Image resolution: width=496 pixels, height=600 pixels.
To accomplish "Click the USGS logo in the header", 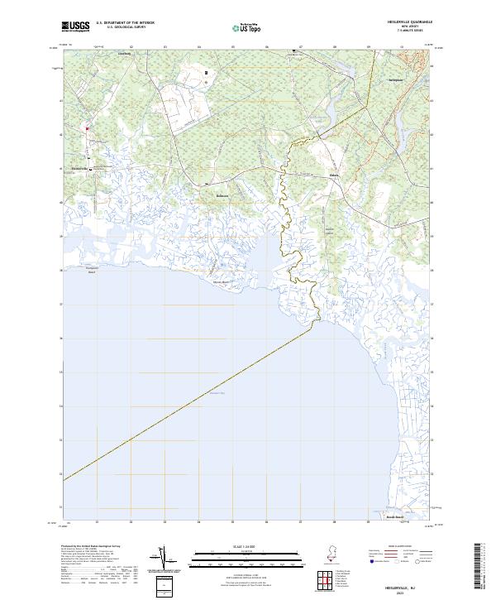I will [76, 26].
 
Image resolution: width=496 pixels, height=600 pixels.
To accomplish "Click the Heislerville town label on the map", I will [82, 169].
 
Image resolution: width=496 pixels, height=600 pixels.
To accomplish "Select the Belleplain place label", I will [395, 80].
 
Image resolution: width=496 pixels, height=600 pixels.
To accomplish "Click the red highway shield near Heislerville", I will [86, 128].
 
